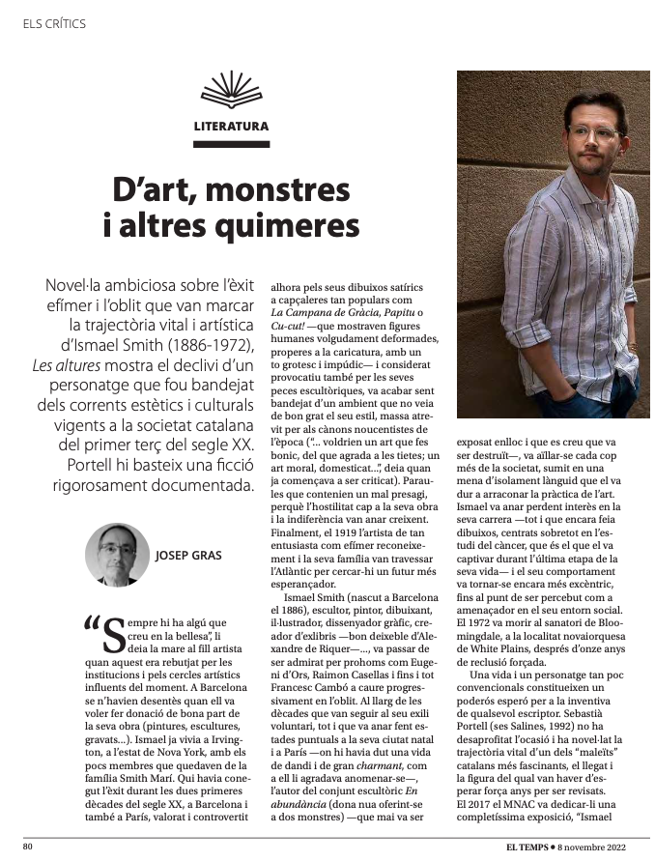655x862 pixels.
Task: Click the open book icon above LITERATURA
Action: point(231,91)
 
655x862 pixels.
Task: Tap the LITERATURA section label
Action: point(231,126)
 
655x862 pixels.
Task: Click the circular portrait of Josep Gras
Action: point(117,555)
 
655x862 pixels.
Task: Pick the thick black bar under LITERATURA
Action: point(231,145)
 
